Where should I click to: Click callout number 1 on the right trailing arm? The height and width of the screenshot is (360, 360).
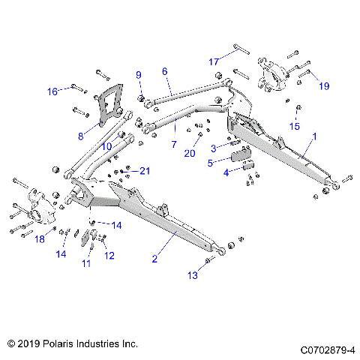(314, 138)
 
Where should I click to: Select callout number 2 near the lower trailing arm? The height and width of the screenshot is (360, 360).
(154, 259)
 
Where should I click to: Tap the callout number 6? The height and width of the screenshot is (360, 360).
(163, 71)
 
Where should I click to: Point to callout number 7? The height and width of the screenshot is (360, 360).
(174, 142)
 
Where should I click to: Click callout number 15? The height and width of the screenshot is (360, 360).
(295, 127)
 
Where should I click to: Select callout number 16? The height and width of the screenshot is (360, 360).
(52, 91)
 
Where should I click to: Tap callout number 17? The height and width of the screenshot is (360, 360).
(214, 61)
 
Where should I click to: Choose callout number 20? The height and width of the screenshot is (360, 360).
(189, 153)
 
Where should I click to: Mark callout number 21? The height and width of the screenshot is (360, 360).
(145, 171)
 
